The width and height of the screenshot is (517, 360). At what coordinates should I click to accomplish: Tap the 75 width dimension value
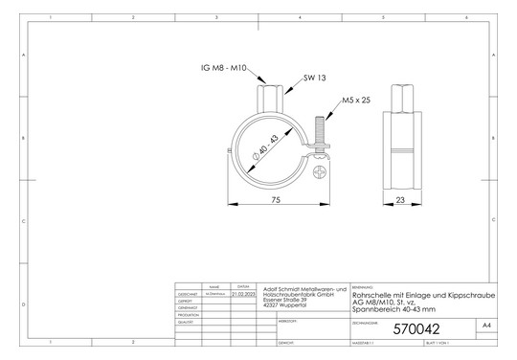point(276,199)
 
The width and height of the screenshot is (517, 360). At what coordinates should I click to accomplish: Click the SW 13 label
point(315,78)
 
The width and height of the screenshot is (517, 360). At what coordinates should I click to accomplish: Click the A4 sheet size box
point(488,326)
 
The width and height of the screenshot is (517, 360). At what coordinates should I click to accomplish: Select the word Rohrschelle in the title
point(373,296)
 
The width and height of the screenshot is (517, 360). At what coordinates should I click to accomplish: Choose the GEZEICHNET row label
point(188,294)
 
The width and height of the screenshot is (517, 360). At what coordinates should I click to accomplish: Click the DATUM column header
point(244,286)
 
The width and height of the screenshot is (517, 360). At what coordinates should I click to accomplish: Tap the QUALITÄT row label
point(187,323)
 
